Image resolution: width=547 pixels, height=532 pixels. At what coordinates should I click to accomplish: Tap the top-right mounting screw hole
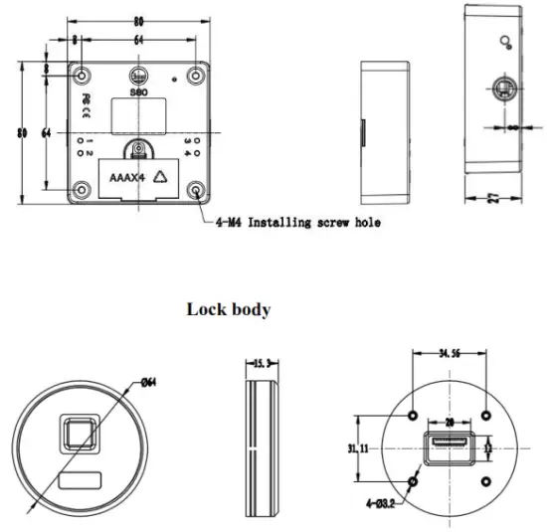click(x=198, y=72)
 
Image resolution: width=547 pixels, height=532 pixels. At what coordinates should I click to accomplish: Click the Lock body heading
click(x=229, y=309)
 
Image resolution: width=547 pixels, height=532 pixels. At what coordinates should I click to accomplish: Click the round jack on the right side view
click(x=504, y=91)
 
